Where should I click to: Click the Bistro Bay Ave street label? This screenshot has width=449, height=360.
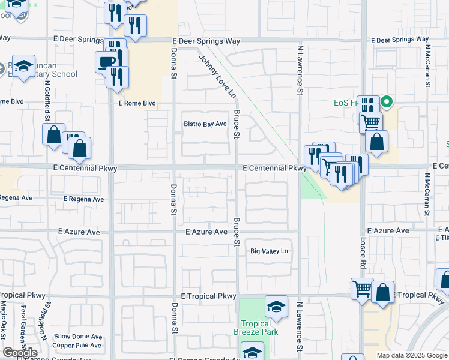click(205, 124)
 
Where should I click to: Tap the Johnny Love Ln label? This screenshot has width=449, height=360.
click(217, 76)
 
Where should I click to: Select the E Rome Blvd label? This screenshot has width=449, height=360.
click(137, 103)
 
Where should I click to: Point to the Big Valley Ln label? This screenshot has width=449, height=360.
click(270, 251)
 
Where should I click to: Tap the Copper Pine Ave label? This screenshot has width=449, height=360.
click(77, 345)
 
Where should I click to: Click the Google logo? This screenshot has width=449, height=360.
click(20, 352)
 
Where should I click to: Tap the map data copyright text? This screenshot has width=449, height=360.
click(412, 355)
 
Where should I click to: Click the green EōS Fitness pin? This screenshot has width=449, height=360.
click(387, 102)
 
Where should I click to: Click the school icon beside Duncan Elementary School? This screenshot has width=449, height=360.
click(24, 67)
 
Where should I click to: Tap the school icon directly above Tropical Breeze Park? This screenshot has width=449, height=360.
click(276, 307)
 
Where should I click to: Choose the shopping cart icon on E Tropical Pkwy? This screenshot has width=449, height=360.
click(362, 289)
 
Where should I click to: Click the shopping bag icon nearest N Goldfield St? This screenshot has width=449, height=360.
click(53, 134)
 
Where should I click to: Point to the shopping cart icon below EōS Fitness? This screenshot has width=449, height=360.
click(371, 122)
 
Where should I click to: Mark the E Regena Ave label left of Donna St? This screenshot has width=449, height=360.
click(83, 199)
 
